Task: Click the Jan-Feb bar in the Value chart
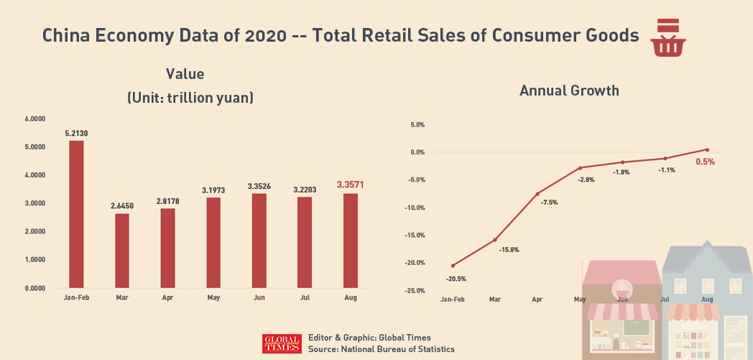[x=76, y=214]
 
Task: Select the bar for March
[x=122, y=251]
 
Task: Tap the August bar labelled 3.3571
[x=351, y=241]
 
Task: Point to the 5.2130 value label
[x=76, y=133]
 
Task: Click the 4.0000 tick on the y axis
[x=35, y=175]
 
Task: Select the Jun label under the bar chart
[x=259, y=297]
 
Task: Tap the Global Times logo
[x=282, y=343]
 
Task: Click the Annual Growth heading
[x=569, y=91]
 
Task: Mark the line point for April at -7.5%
[x=537, y=194]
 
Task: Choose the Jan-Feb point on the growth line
[x=453, y=266]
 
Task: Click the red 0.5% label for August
[x=705, y=162]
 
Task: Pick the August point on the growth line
[x=707, y=149]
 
